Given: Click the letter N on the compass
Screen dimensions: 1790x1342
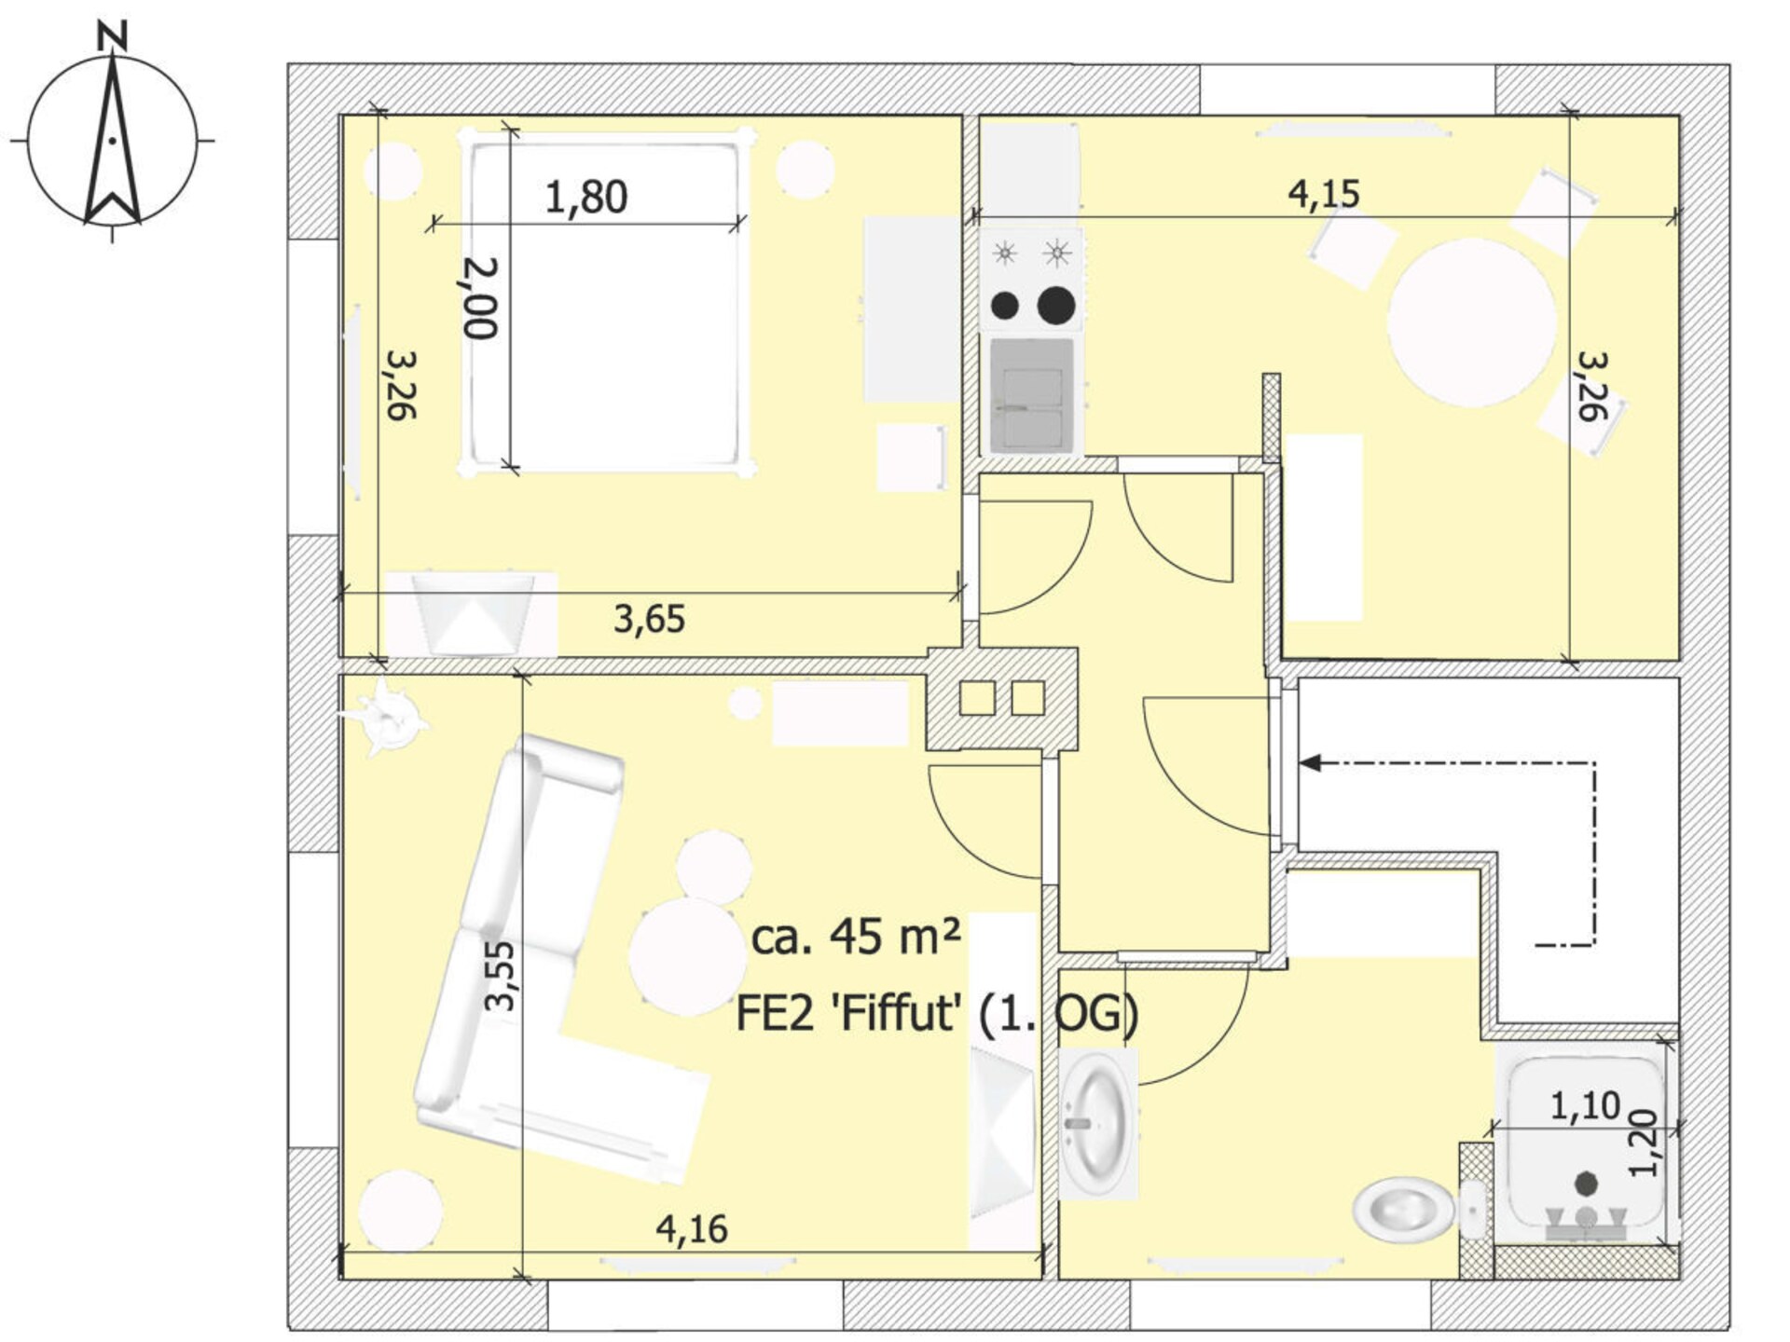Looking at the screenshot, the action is point(112,35).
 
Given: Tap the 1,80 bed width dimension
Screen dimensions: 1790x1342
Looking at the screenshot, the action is point(585,198).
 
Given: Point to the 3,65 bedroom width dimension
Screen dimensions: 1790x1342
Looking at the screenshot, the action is point(649,619).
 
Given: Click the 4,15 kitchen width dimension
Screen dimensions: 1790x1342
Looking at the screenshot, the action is point(1324,194).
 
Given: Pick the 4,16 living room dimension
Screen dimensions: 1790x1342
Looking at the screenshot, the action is point(692,1229).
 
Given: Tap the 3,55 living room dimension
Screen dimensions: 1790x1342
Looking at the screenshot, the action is point(501,976).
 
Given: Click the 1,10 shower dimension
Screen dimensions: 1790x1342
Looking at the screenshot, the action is point(1585,1106).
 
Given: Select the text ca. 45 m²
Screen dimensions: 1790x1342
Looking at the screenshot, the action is point(856,937).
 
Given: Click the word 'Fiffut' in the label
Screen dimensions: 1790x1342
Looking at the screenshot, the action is point(897,1013).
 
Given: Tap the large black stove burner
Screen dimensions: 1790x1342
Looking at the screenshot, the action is point(1056,304).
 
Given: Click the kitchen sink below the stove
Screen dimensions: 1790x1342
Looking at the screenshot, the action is point(1032,396).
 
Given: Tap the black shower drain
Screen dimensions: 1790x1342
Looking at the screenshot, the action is point(1586,1184).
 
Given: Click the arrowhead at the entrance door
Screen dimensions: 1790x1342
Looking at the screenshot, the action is point(1311,763).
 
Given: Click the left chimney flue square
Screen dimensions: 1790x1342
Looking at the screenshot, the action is point(977,698).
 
